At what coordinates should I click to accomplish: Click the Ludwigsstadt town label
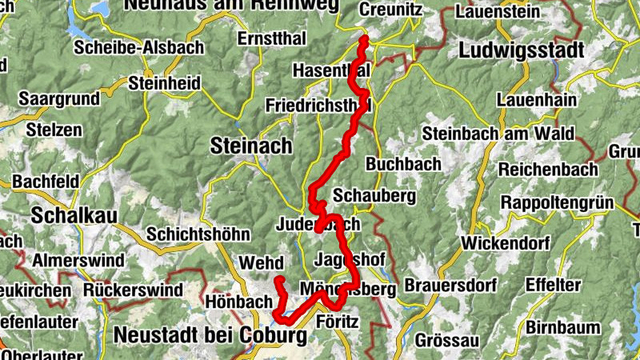tap(522, 50)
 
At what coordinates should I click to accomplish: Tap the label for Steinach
tap(250, 145)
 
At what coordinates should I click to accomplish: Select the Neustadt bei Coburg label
tap(210, 336)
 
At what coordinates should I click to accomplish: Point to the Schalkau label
tap(74, 215)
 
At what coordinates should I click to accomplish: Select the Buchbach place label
tap(403, 163)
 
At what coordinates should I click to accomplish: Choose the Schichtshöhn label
tap(198, 235)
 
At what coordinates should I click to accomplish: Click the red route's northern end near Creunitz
tap(364, 38)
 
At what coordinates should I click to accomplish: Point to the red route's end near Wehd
tap(280, 279)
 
